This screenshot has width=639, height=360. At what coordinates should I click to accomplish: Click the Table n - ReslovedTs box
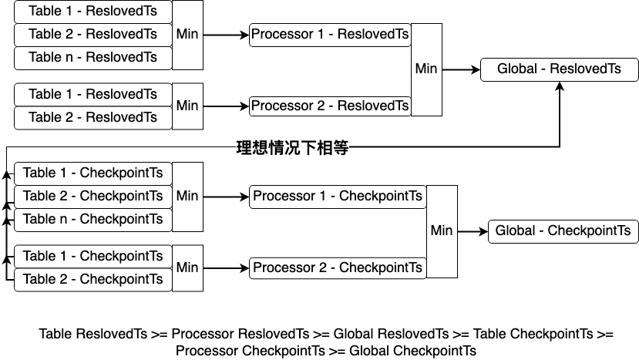pyautogui.click(x=92, y=58)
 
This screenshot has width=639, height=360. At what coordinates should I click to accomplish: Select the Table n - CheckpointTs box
pyautogui.click(x=92, y=220)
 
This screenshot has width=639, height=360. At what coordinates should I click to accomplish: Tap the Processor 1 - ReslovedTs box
pyautogui.click(x=330, y=35)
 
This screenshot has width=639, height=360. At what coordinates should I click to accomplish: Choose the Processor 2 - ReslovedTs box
pyautogui.click(x=330, y=106)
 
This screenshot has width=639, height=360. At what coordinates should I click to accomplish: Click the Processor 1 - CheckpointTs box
pyautogui.click(x=338, y=197)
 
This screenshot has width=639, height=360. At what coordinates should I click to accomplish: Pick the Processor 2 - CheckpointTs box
pyautogui.click(x=338, y=267)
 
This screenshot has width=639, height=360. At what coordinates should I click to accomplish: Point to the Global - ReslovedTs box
pyautogui.click(x=559, y=69)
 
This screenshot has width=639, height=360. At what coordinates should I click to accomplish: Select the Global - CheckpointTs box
pyautogui.click(x=563, y=231)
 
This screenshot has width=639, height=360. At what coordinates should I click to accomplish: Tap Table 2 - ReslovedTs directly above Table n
pyautogui.click(x=92, y=35)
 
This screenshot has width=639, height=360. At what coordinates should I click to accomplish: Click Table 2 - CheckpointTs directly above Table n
pyautogui.click(x=92, y=197)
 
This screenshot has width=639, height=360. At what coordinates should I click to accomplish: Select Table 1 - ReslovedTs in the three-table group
pyautogui.click(x=92, y=12)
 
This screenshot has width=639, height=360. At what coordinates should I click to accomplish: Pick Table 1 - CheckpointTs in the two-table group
pyautogui.click(x=92, y=257)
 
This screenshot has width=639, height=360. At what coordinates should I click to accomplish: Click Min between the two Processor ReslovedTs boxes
pyautogui.click(x=426, y=69)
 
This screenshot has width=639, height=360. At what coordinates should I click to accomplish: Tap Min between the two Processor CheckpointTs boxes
pyautogui.click(x=442, y=230)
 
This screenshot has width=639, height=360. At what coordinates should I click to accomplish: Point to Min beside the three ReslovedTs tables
pyautogui.click(x=187, y=35)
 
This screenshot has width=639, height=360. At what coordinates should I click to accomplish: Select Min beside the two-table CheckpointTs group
pyautogui.click(x=187, y=267)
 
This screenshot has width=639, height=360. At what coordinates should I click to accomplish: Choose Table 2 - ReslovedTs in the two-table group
pyautogui.click(x=92, y=117)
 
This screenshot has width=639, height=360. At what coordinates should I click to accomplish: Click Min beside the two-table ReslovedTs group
pyautogui.click(x=187, y=106)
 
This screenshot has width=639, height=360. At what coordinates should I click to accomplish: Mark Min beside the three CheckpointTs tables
pyautogui.click(x=187, y=196)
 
